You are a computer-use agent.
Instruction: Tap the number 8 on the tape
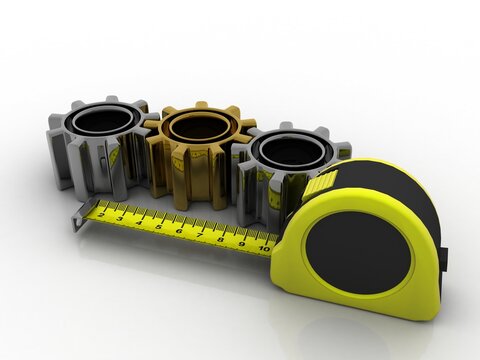pyautogui.click(x=221, y=237)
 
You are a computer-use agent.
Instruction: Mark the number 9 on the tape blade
pyautogui.click(x=242, y=241)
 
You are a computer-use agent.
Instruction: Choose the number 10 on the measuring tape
pyautogui.click(x=264, y=245)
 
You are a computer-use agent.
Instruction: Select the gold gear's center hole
pyautogui.click(x=197, y=127)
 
